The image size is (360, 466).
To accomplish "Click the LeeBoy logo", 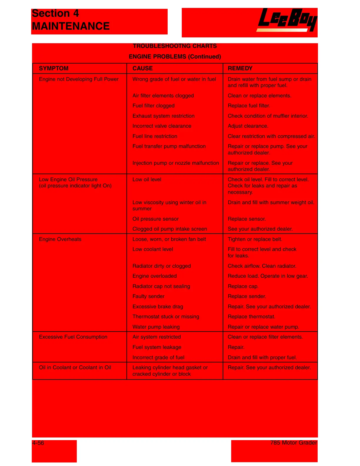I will tap(287, 20).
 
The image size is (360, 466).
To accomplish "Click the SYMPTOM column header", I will tap(54, 68).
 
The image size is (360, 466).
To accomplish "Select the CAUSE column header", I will tap(142, 68).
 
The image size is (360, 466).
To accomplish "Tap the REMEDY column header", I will tap(240, 68).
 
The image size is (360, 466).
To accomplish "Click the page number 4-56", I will tap(38, 443).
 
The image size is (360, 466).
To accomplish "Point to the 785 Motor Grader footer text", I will tap(294, 443).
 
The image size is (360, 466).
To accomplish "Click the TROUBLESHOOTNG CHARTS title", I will tap(175, 46).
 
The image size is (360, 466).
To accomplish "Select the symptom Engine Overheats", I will tap(60, 239).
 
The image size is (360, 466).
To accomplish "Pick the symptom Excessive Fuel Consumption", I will tap(73, 337).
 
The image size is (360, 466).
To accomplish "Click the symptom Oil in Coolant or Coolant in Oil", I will tap(75, 367).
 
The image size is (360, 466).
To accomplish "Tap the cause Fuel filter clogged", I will tap(153, 106).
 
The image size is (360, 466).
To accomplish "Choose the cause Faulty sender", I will tap(148, 296).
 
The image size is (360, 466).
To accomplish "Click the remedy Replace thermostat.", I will tap(251, 317).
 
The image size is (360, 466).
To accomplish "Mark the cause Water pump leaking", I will tap(156, 327).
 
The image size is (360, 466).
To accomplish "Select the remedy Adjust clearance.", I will tap(248, 126).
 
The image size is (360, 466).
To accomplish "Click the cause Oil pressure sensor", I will tap(155, 219).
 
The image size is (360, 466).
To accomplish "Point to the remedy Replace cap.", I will tap(243, 286).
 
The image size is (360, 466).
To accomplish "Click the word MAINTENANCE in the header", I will tap(71, 26).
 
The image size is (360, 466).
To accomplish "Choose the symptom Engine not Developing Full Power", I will tap(79, 79).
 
